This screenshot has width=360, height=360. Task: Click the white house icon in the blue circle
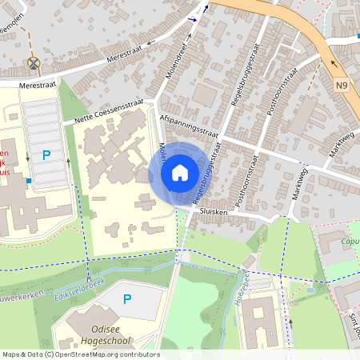(179, 172)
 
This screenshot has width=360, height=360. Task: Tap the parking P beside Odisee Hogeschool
(126, 299)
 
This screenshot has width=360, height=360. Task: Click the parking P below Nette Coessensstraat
(46, 154)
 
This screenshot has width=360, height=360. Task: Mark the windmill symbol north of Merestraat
(34, 63)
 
